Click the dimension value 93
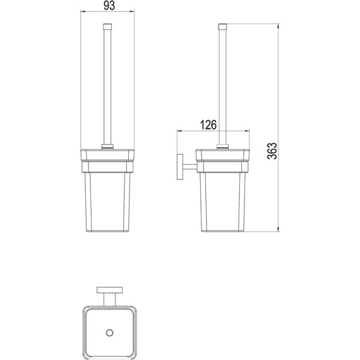[x=109, y=5]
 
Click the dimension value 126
[x=208, y=124]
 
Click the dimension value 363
[x=272, y=151]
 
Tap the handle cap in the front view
[x=107, y=27]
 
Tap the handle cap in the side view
[x=222, y=27]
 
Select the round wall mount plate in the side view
[x=180, y=167]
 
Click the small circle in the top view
[x=110, y=333]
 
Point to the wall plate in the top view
[x=109, y=290]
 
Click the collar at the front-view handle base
[x=107, y=147]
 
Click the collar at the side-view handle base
[x=222, y=147]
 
